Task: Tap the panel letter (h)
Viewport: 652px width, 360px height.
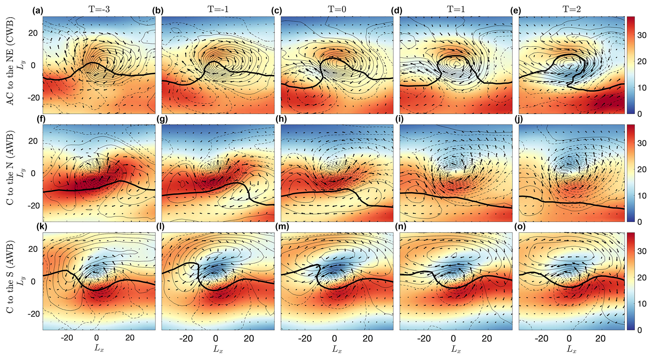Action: [276, 119]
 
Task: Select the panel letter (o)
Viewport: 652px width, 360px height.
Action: [515, 228]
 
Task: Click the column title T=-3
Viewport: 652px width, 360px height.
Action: [99, 9]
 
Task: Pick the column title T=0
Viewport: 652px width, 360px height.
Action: [337, 9]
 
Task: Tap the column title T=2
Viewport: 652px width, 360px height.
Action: [572, 9]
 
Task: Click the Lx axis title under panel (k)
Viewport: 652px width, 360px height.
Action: [99, 348]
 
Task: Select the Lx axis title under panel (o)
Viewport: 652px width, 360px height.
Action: [572, 348]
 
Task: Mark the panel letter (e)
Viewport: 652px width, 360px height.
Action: [515, 11]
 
